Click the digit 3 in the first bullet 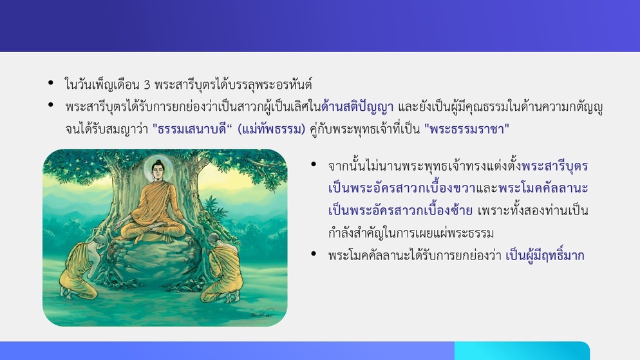tap(147, 85)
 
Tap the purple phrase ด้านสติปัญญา tap(357, 107)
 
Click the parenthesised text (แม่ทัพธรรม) tap(271, 129)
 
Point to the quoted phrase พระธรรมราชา tap(467, 129)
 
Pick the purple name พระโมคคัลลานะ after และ tap(543, 188)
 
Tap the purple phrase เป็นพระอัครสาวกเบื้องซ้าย tap(400, 211)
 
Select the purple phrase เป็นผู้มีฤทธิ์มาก tap(545, 256)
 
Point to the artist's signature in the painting tap(261, 314)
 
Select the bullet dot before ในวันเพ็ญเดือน tap(51, 83)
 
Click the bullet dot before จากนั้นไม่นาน tap(314, 164)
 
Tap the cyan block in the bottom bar tap(522, 350)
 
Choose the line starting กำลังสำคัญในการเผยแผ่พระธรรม tap(411, 233)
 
